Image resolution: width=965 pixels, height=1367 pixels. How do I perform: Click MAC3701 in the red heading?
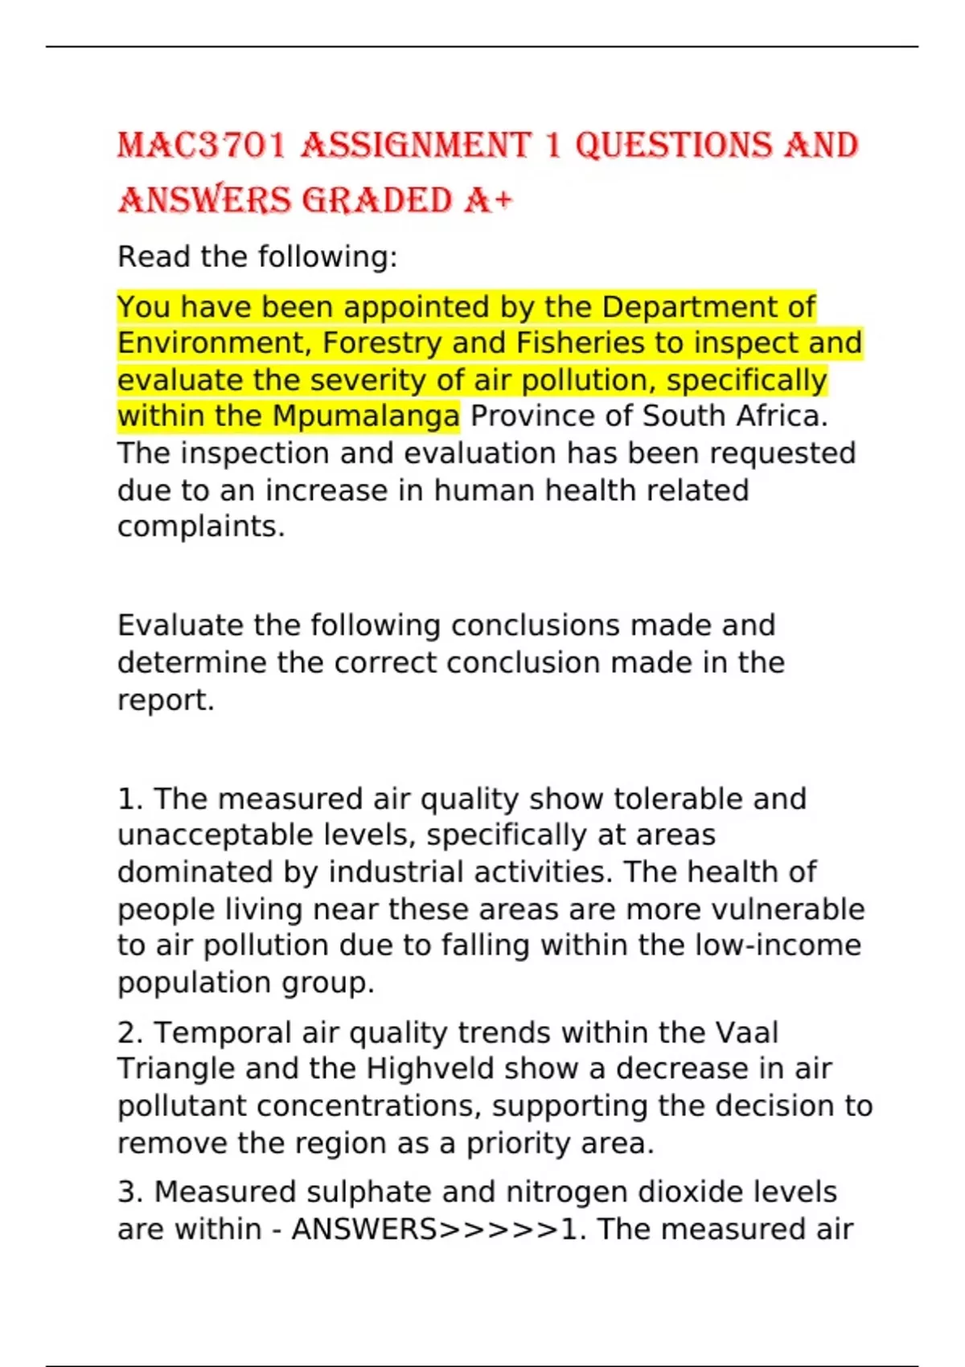(x=201, y=146)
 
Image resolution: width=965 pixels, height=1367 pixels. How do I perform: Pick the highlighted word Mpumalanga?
(x=366, y=417)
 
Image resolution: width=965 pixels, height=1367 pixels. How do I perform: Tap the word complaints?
(x=200, y=527)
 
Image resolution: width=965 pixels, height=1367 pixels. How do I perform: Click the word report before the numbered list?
(x=165, y=700)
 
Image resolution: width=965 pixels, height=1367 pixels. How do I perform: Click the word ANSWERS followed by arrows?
(x=364, y=1229)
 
